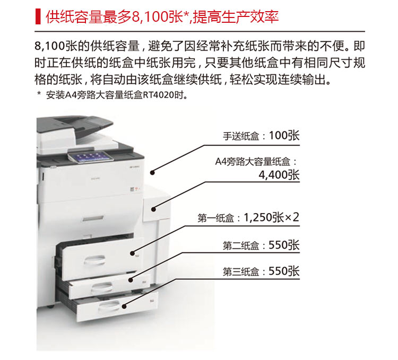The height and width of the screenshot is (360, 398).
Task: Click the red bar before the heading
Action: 37,16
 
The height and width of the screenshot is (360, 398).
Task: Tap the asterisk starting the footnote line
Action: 39,96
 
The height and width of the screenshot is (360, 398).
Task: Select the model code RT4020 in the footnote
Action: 162,96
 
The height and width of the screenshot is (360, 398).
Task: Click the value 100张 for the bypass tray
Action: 284,135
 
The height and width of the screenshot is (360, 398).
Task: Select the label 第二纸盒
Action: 240,245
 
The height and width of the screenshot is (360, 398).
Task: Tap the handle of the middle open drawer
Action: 101,287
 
